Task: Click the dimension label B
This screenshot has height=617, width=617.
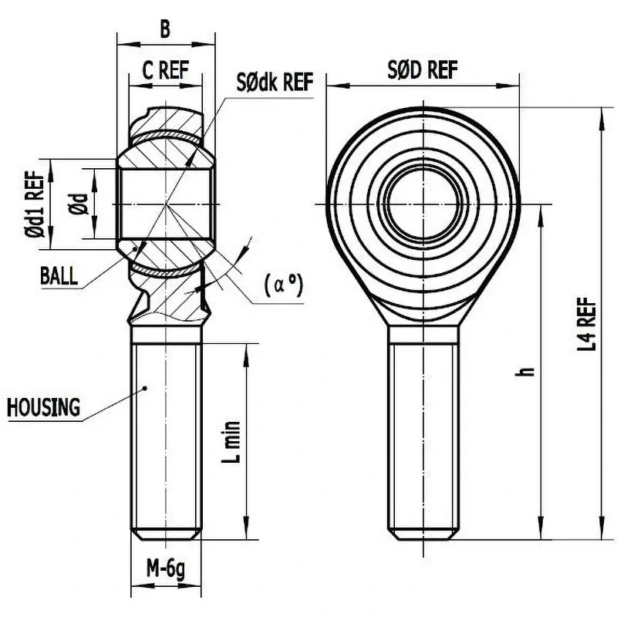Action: click(165, 29)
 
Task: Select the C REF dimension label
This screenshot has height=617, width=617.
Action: click(165, 70)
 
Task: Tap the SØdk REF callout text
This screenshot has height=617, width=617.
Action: click(275, 82)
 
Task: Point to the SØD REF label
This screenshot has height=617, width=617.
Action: click(423, 70)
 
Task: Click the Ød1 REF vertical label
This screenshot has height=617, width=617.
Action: click(35, 204)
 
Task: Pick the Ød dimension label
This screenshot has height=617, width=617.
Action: click(79, 204)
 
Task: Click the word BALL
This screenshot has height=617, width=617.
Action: click(59, 275)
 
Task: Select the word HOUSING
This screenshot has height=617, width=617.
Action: click(43, 407)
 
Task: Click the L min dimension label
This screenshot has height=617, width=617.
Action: click(231, 442)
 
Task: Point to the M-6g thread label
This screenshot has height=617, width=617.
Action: click(166, 569)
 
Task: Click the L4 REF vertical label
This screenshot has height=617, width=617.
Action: click(587, 324)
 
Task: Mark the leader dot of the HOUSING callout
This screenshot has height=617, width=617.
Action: click(145, 389)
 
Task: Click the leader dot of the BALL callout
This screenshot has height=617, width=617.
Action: click(136, 249)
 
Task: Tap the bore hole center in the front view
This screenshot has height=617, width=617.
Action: click(423, 204)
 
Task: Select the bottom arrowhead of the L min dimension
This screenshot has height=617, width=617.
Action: click(246, 529)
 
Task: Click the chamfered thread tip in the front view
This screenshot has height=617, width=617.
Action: click(423, 534)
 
